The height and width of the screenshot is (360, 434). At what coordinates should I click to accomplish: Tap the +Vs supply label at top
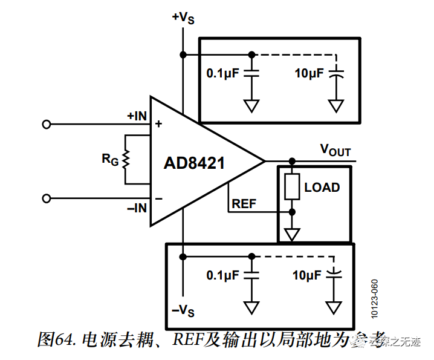click(183, 18)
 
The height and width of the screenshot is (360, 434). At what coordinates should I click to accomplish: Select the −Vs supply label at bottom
click(183, 311)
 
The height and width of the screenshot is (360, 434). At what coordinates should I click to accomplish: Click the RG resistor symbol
click(126, 159)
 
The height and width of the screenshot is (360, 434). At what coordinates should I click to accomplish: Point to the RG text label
click(109, 160)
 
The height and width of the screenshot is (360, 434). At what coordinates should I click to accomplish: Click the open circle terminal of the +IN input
click(46, 124)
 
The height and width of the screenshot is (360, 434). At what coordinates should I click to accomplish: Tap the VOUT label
click(335, 149)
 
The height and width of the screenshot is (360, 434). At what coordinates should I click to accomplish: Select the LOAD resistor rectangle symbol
click(292, 187)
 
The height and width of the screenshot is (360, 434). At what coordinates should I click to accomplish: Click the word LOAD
click(322, 188)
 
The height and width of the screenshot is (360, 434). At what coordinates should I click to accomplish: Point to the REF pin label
click(244, 204)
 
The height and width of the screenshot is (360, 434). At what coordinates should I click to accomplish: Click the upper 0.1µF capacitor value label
click(223, 73)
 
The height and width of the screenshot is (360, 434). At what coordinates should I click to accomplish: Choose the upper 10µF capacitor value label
click(309, 73)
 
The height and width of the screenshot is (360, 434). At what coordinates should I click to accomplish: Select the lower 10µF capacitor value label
click(306, 275)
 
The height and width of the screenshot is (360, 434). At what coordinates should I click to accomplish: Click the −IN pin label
click(137, 208)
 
